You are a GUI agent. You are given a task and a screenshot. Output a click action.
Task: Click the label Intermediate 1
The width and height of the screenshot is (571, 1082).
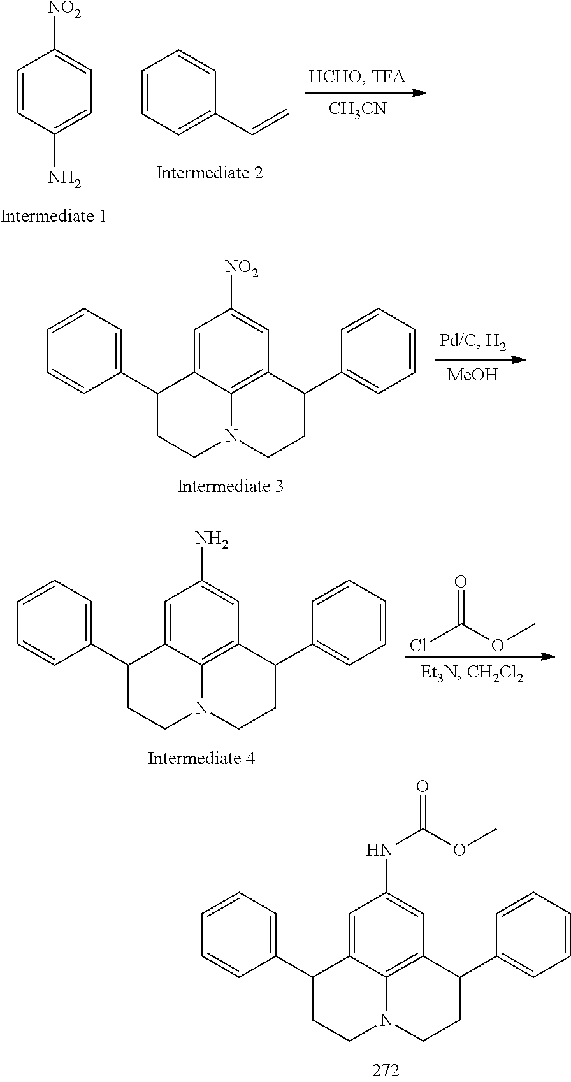pyautogui.click(x=54, y=217)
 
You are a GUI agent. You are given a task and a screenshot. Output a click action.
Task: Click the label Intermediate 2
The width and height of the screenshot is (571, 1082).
pyautogui.click(x=210, y=173)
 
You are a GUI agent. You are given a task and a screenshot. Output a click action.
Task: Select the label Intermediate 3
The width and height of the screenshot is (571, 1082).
pyautogui.click(x=230, y=487)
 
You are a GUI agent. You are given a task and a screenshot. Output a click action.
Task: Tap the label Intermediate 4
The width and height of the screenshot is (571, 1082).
pyautogui.click(x=201, y=758)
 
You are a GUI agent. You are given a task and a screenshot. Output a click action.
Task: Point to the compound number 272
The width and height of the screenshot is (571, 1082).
pyautogui.click(x=386, y=1070)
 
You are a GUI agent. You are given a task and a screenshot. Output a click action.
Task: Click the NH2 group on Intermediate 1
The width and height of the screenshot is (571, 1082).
pyautogui.click(x=64, y=179)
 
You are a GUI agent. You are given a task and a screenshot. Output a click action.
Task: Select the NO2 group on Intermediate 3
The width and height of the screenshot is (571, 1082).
pyautogui.click(x=242, y=269)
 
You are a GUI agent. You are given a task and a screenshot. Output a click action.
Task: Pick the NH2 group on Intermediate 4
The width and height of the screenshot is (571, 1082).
pyautogui.click(x=212, y=540)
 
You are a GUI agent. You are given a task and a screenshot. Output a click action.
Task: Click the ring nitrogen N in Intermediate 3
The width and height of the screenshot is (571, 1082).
pyautogui.click(x=231, y=436)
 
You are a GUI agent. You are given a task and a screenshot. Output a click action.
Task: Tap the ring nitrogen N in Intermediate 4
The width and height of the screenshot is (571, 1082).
pyautogui.click(x=202, y=708)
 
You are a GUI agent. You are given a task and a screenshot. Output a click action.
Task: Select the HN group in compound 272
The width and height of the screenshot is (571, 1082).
pyautogui.click(x=379, y=849)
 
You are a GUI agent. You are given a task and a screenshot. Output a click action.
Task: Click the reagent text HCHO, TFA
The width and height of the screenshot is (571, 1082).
pyautogui.click(x=357, y=77)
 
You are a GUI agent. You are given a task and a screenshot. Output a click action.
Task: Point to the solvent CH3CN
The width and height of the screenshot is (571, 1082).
pyautogui.click(x=357, y=109)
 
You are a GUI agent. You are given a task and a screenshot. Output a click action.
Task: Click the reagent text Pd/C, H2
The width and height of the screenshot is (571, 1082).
pyautogui.click(x=472, y=342)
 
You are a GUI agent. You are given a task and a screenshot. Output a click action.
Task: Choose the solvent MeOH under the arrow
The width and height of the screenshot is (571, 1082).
pyautogui.click(x=472, y=375)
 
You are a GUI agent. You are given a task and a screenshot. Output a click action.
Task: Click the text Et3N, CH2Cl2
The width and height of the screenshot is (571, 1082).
pyautogui.click(x=472, y=675)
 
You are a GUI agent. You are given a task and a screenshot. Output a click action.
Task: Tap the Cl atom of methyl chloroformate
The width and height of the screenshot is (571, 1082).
pyautogui.click(x=418, y=646)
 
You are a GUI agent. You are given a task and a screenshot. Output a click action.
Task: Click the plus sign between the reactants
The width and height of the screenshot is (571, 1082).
pyautogui.click(x=115, y=92)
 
